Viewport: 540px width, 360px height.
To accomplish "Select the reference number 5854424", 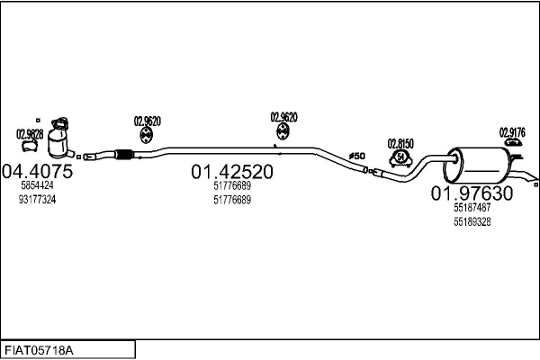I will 37,185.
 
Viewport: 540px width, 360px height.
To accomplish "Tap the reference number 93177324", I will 37,199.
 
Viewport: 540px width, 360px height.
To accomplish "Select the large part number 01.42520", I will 232,171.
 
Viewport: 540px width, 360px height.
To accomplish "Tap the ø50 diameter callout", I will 357,155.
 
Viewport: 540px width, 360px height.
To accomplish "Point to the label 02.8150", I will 400,144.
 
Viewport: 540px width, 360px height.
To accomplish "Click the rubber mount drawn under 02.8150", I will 400,159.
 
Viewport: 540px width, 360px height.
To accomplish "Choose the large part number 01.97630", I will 472,193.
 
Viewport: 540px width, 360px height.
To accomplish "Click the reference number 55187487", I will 472,208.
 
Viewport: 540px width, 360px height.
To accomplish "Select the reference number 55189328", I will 472,221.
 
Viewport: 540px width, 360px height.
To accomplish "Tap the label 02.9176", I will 512,131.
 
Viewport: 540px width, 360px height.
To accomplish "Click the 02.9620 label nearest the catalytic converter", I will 148,121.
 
